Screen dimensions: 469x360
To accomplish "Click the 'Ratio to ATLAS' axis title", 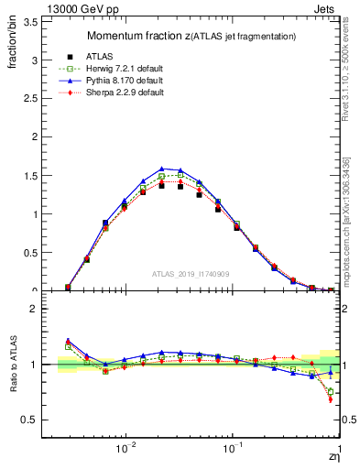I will click(11, 366).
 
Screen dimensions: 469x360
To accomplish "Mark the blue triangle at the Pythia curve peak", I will click(162, 169).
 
